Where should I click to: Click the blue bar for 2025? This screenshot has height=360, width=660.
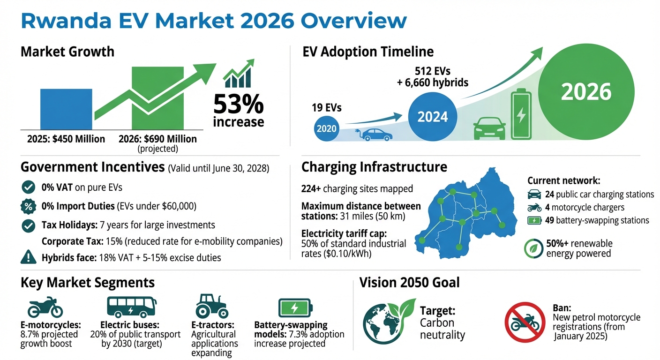coord(66,109)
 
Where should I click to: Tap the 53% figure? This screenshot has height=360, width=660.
coord(238,105)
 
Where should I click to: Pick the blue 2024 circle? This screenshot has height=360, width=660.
coord(432,116)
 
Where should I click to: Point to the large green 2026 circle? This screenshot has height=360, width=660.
coord(586,91)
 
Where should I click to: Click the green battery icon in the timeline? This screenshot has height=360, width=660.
coord(521,115)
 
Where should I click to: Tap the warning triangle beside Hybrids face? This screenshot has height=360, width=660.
coord(29,257)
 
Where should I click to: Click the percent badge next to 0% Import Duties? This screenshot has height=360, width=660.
coord(29,206)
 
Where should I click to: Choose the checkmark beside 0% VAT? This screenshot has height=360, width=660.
coord(28,187)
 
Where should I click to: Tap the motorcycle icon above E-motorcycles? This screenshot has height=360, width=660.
coord(45,307)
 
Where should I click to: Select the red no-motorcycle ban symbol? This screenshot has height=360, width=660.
coord(524,321)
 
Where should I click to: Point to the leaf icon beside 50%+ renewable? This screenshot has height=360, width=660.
coord(533,248)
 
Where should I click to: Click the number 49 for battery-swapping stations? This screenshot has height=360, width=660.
coord(550,220)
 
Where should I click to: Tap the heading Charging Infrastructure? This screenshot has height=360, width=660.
coord(374,167)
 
